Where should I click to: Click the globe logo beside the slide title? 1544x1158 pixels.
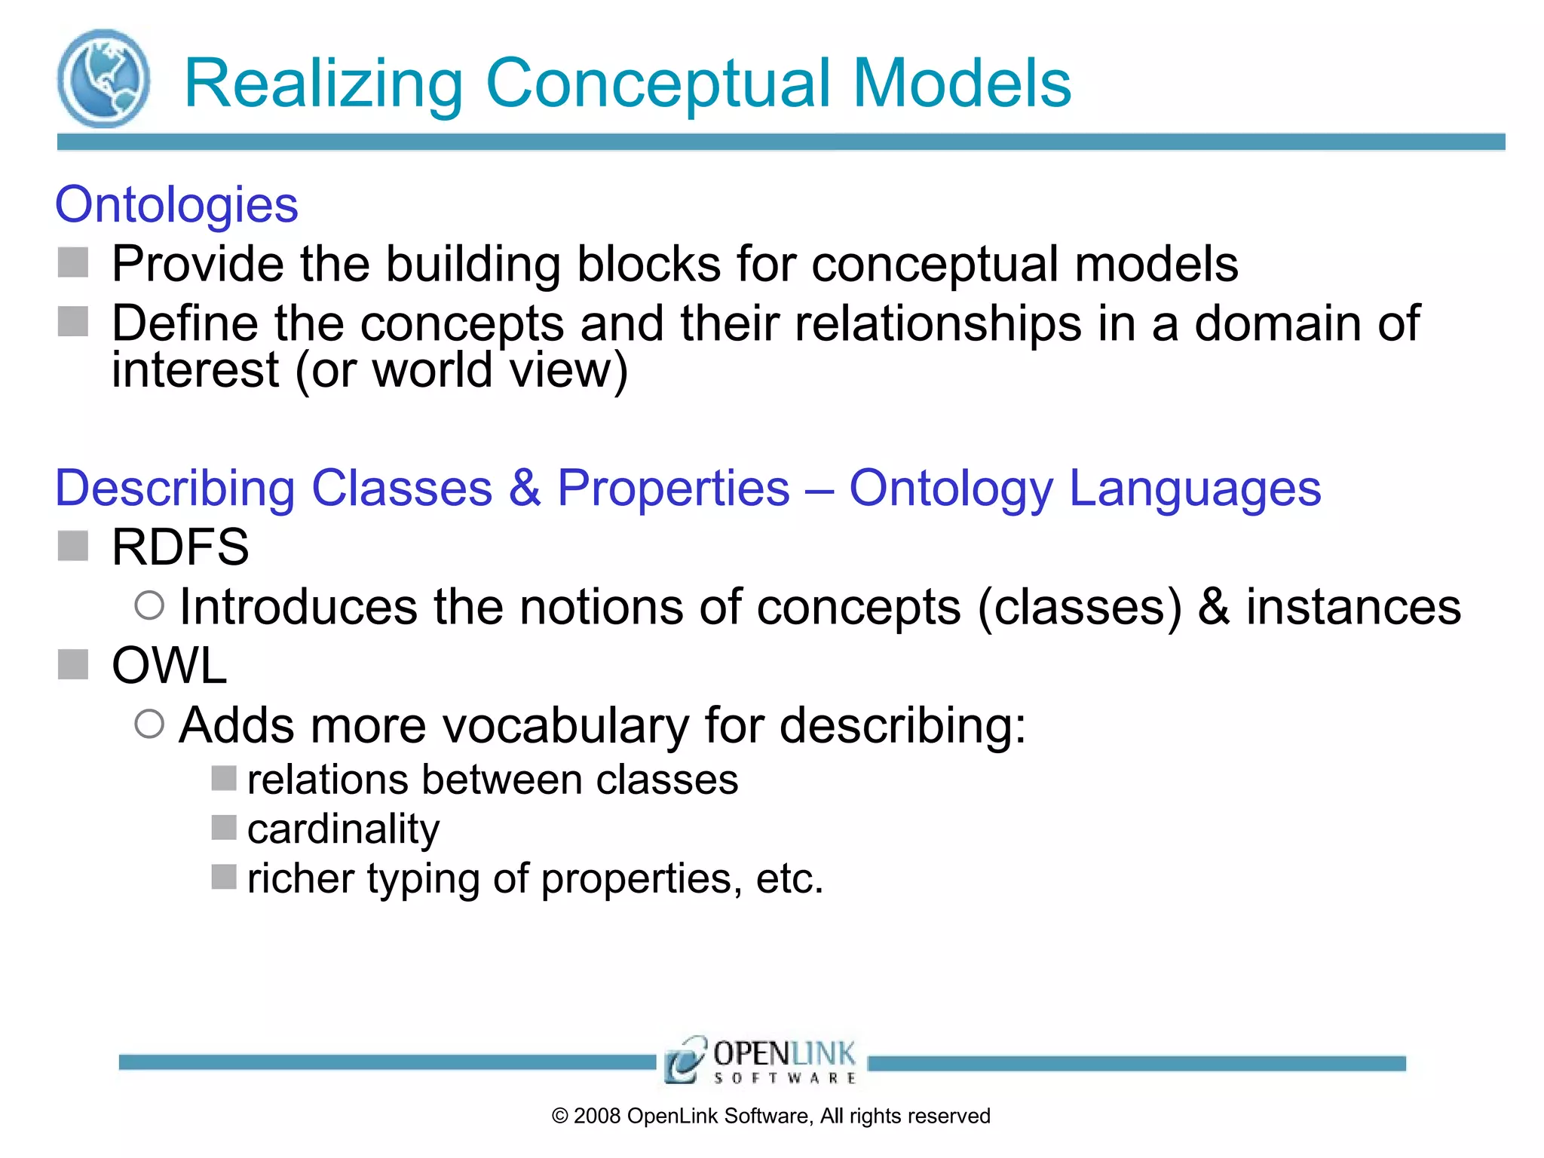[103, 78]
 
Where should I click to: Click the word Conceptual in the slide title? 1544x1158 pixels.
[659, 84]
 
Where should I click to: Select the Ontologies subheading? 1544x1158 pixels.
[176, 204]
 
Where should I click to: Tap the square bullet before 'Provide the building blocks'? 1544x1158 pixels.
[73, 263]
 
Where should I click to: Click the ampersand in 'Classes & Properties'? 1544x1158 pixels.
[524, 488]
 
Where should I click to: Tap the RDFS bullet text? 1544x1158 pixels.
[180, 547]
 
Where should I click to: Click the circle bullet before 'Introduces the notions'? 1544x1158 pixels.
[149, 605]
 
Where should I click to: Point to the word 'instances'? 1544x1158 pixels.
[1353, 607]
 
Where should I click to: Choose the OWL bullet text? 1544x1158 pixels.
[169, 666]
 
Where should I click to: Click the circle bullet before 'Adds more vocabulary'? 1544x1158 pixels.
[149, 724]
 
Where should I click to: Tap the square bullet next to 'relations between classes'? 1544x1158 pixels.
[224, 778]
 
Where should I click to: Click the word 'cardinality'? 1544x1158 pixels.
[343, 829]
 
